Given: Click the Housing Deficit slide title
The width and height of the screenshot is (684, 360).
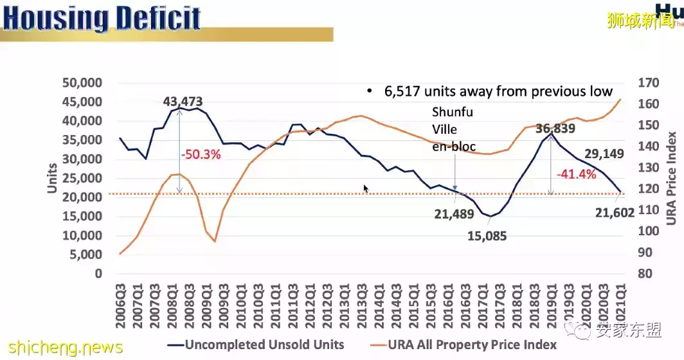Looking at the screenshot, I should (103, 20).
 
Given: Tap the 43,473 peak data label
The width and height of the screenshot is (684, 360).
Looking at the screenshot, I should (183, 102).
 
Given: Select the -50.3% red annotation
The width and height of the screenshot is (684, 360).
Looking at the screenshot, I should (203, 155).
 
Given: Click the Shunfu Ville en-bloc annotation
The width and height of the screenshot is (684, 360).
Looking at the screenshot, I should (453, 129).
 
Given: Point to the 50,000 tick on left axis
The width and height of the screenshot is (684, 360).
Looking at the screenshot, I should (83, 82).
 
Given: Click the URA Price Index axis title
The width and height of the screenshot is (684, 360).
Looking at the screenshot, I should (671, 178).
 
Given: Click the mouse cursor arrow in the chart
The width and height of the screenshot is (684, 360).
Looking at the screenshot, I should (366, 189).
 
